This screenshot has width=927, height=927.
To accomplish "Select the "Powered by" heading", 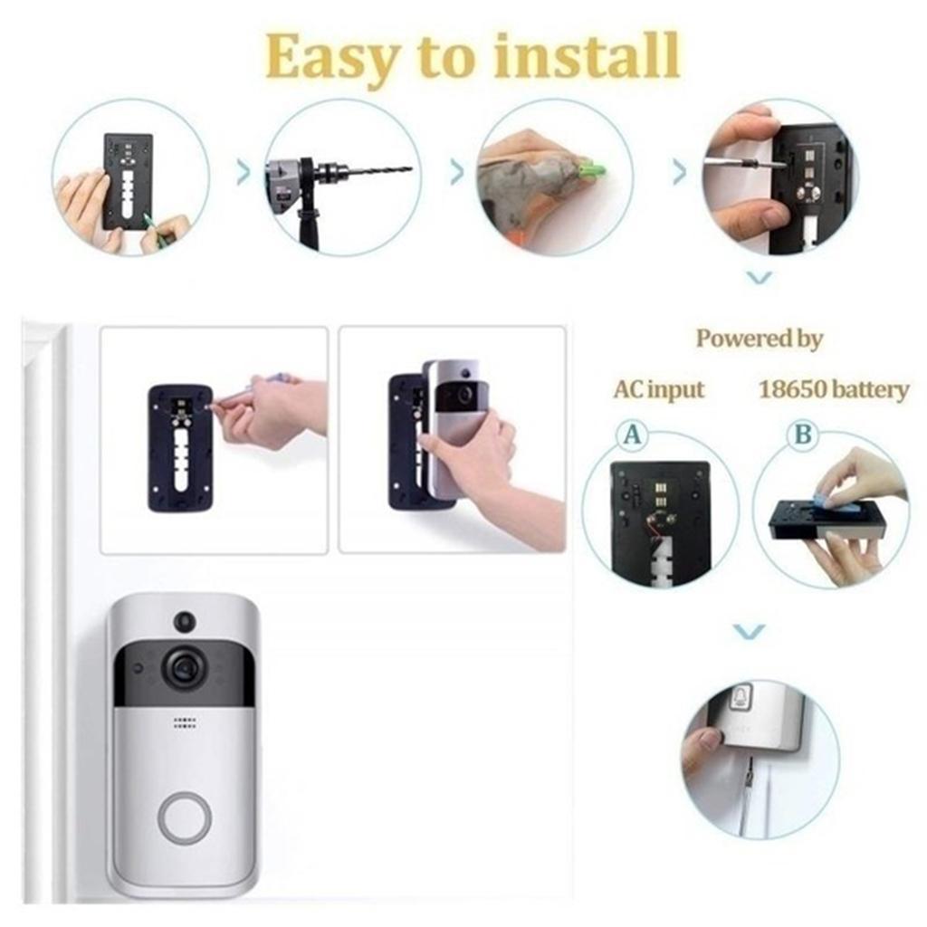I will tap(759, 339).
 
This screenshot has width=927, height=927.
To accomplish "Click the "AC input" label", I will tap(658, 390).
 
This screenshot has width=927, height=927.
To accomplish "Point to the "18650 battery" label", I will tap(833, 390).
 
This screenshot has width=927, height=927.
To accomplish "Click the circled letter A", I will tap(633, 435).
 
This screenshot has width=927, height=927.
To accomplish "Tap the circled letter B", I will tap(802, 435).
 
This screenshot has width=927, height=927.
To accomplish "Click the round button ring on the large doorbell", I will tap(184, 817).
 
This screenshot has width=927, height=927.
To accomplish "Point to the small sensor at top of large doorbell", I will tap(185, 622).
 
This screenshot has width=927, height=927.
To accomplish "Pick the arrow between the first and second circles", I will tap(243, 172).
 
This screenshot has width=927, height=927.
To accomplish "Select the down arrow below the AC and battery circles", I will tap(749, 631).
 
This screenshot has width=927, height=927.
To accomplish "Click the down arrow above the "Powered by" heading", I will tap(760, 278).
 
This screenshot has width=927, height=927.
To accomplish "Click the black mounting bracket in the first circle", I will tap(128, 181).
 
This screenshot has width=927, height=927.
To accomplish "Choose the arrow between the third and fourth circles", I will tap(679, 172).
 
